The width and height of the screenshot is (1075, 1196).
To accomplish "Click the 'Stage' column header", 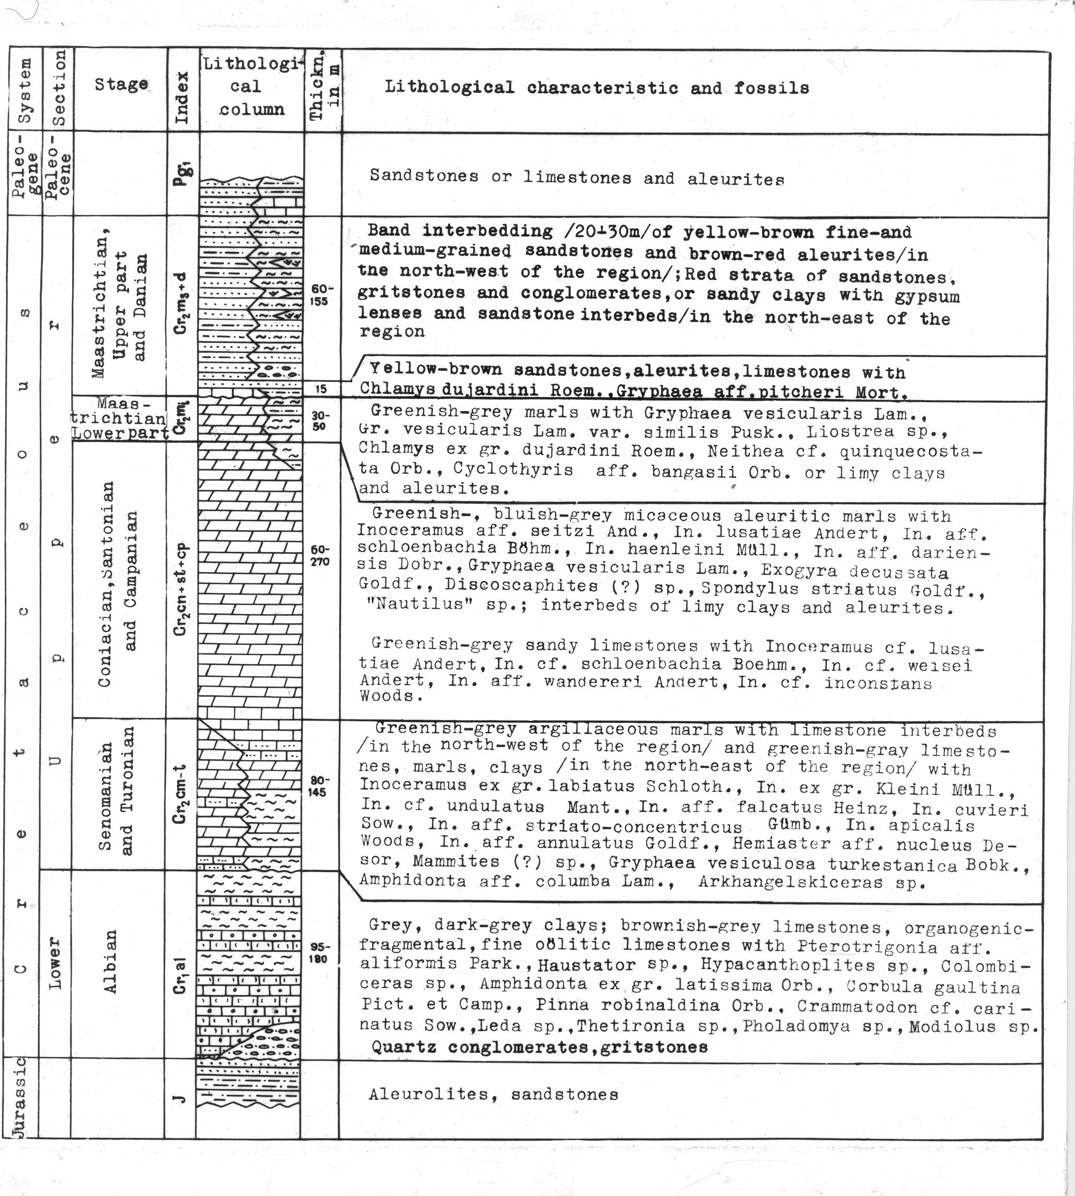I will point(121,85).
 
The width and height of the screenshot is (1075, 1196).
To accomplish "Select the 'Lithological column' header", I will point(251,86).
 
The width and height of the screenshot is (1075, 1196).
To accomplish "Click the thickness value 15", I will point(321,389).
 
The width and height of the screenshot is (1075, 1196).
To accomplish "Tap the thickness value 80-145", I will point(318,787).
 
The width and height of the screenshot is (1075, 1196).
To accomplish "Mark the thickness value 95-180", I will point(318,953).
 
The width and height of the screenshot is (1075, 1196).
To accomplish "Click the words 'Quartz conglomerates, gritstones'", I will point(539,1047).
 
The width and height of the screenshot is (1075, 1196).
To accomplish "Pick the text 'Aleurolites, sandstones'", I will point(493,1095).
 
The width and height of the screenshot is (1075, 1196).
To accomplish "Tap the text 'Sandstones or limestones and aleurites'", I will point(577,177).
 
